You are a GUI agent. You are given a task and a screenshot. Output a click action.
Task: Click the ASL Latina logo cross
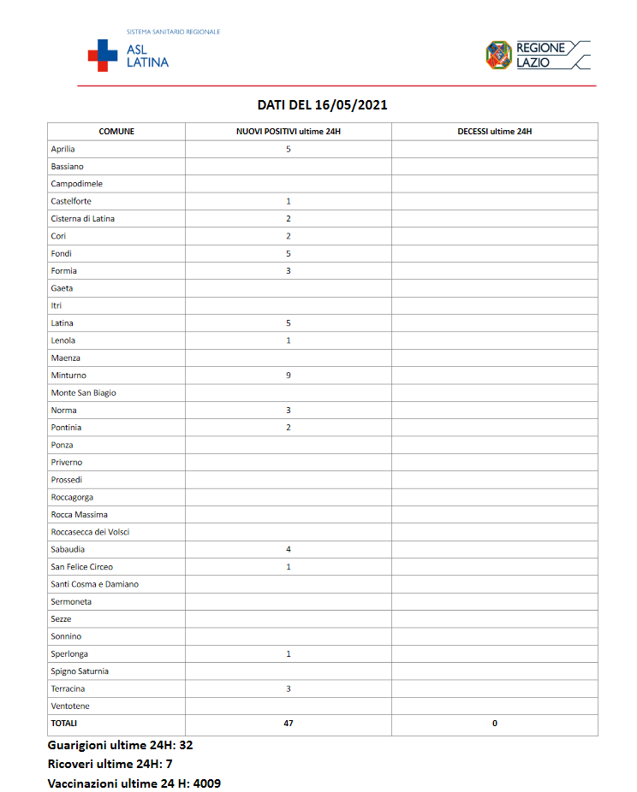tap(103, 55)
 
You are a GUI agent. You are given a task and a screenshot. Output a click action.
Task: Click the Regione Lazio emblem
tap(498, 55)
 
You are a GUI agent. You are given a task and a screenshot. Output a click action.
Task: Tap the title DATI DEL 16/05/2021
tap(323, 105)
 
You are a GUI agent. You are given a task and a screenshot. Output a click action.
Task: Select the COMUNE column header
tap(116, 132)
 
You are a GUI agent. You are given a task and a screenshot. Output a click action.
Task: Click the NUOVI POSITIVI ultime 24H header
tap(289, 132)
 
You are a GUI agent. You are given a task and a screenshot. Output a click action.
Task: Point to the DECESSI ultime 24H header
tap(495, 132)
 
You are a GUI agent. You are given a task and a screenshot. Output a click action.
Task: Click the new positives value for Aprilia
tap(289, 149)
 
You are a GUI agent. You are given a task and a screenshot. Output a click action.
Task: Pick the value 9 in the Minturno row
tap(289, 375)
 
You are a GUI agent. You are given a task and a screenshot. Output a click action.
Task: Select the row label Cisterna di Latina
tap(82, 219)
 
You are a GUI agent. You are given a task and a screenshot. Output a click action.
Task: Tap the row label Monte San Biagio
tap(83, 393)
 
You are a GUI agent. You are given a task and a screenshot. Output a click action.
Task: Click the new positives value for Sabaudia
tap(289, 549)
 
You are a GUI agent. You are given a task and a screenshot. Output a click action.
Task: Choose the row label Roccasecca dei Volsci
tap(90, 532)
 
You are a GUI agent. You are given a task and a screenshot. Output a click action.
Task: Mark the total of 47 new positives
tap(289, 724)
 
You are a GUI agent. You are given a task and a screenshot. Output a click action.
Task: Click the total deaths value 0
tap(495, 724)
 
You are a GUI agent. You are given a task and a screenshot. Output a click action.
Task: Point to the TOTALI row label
tap(63, 724)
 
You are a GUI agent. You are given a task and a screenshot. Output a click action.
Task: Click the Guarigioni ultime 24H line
tap(120, 745)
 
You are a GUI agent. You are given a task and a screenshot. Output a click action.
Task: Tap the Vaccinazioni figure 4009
tap(207, 783)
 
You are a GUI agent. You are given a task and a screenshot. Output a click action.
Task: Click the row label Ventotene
tap(70, 706)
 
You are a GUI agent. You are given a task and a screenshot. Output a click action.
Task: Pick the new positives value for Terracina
tap(289, 689)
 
